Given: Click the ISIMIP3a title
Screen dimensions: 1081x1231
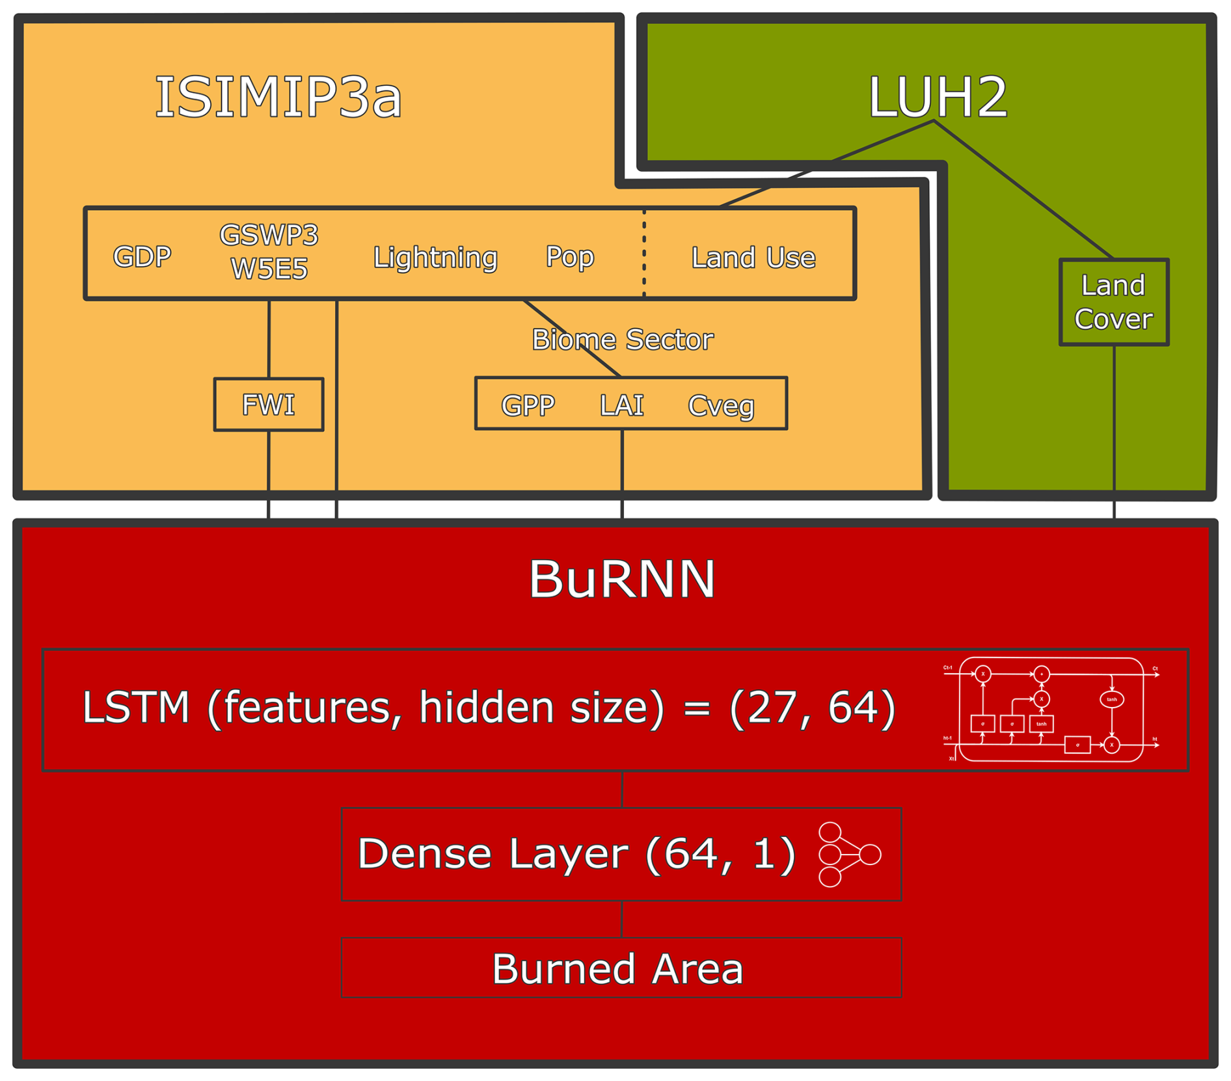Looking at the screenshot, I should [x=278, y=98].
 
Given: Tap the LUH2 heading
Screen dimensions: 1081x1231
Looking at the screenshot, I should [x=938, y=98].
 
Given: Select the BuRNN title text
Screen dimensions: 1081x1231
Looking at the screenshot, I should [x=622, y=579].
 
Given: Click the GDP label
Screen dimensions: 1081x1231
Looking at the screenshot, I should [x=142, y=257].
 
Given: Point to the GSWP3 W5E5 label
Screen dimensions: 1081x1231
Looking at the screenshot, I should [x=269, y=252].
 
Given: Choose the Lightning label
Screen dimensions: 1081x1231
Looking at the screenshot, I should [x=435, y=258].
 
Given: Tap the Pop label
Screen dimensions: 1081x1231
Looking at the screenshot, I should [x=569, y=257].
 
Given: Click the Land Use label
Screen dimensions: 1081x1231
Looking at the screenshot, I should [x=753, y=258].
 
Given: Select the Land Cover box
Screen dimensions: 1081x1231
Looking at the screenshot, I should [x=1113, y=302].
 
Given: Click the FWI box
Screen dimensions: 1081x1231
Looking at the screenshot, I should [x=268, y=405].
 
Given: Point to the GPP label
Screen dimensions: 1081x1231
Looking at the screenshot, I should [x=528, y=405].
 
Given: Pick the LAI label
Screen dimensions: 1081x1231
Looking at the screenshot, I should [x=621, y=405].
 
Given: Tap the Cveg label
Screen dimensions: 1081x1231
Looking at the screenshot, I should [x=721, y=406].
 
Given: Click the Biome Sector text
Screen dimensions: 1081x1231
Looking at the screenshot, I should [x=622, y=340].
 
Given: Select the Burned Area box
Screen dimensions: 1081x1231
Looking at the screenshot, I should [x=621, y=968].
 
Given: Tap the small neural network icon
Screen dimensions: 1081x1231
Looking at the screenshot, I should [x=848, y=854].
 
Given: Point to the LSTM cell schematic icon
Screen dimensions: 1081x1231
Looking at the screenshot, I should [x=1050, y=710].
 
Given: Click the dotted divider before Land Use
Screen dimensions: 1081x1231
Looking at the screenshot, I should [x=644, y=254].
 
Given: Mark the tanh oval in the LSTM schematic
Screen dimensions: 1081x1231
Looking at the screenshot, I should [x=1112, y=700].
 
